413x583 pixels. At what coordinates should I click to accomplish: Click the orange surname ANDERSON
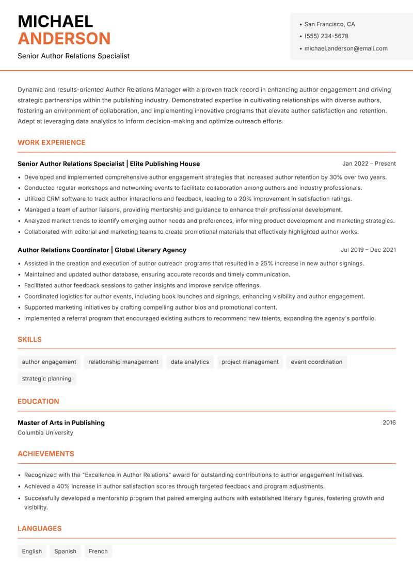(64, 39)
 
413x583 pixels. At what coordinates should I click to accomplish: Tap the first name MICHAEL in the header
(55, 22)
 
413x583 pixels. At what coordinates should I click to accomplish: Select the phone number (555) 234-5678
(326, 36)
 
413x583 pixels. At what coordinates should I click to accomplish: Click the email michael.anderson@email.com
(345, 48)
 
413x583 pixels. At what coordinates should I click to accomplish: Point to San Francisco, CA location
(329, 24)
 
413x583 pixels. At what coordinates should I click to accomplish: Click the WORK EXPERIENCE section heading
(52, 142)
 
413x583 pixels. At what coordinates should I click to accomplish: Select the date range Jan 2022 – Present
(369, 164)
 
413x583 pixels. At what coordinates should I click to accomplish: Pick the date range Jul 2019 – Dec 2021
(368, 250)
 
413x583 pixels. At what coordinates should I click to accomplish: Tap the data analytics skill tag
(189, 362)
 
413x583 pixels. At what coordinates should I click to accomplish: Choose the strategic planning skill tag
(46, 379)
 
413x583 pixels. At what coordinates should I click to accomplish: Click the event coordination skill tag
(316, 362)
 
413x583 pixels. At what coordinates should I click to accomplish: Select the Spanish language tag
(65, 552)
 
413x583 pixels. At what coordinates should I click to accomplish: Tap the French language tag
(98, 552)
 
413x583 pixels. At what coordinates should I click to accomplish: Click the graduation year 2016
(389, 423)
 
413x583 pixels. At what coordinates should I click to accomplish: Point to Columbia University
(45, 433)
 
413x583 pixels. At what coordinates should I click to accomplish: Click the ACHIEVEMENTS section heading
(46, 454)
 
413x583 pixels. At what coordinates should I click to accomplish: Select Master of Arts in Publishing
(61, 423)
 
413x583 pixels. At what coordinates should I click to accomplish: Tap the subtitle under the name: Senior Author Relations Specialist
(73, 56)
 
